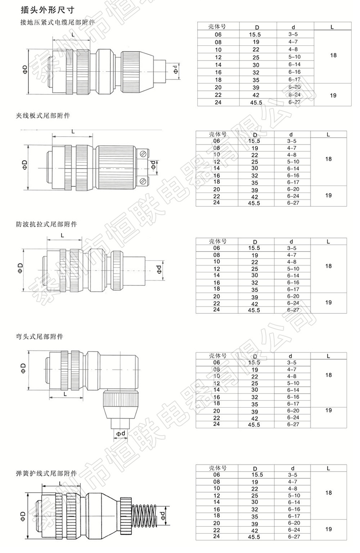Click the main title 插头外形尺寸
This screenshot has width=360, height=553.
(x=48, y=10)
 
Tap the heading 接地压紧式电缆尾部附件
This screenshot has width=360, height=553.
(x=58, y=22)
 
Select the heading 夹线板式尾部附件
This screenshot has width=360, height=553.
(x=43, y=115)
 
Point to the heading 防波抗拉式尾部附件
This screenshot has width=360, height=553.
(x=46, y=224)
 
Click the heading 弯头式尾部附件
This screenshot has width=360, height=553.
(x=40, y=336)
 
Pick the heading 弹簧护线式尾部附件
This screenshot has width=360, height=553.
(x=46, y=473)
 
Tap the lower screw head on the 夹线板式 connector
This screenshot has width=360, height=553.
(x=143, y=182)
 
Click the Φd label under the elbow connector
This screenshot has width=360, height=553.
(x=121, y=434)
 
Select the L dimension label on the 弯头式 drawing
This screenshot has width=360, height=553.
(x=65, y=394)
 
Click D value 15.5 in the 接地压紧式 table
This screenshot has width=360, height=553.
(x=255, y=35)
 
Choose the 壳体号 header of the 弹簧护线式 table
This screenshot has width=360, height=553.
(x=217, y=468)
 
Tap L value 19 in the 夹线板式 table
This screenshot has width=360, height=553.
(x=328, y=195)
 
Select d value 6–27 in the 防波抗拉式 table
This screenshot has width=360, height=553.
(x=293, y=310)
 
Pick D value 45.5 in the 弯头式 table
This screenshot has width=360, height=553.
(x=254, y=425)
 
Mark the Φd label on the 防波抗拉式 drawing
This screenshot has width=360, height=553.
(x=159, y=269)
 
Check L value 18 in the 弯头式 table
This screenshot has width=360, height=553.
(x=328, y=375)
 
